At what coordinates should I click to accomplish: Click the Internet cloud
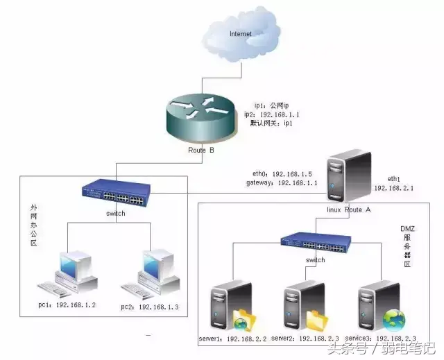click(241, 34)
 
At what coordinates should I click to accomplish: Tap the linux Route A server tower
click(349, 176)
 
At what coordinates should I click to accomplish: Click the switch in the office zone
click(116, 193)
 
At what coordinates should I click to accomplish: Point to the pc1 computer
click(67, 274)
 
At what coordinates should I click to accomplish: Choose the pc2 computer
click(150, 274)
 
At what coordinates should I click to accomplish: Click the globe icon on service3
click(394, 320)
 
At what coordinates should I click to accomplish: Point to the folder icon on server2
click(317, 320)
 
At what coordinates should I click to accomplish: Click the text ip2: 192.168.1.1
click(271, 114)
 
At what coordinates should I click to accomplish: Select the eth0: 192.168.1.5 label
click(282, 174)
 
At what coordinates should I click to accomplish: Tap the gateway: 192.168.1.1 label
click(282, 183)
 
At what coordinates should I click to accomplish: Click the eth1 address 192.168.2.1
click(394, 188)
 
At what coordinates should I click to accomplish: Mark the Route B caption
click(201, 150)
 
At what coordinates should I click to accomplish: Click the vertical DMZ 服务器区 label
click(407, 246)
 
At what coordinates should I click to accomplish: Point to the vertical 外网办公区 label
click(34, 225)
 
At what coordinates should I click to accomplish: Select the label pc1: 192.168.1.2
click(67, 305)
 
